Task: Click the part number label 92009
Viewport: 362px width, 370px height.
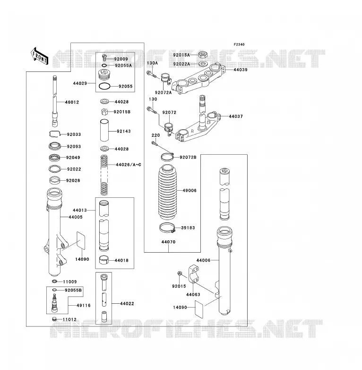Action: click(121, 59)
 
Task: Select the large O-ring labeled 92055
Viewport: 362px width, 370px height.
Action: click(104, 87)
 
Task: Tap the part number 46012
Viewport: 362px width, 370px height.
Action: click(72, 102)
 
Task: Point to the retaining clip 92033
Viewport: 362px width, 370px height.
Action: click(55, 134)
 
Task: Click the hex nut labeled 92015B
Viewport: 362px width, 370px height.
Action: click(105, 112)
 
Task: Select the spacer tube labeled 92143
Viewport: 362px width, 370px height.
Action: click(104, 130)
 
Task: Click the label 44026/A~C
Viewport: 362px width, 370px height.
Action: click(129, 165)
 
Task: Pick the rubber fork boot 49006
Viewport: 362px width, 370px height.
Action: click(167, 192)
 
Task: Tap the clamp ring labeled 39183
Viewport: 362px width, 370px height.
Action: click(168, 228)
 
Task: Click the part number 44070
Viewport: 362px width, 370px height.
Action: click(168, 242)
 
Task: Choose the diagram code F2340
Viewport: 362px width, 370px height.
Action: click(239, 44)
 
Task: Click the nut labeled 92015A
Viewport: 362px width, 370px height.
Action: click(203, 55)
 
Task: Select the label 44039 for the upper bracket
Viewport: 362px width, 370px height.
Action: click(241, 70)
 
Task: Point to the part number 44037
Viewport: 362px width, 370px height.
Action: click(236, 116)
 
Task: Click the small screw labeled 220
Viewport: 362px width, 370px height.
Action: click(154, 143)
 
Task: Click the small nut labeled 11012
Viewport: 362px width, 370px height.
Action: click(54, 319)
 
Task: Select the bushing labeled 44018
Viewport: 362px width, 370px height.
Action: click(103, 260)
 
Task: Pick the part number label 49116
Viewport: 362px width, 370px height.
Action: click(84, 305)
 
